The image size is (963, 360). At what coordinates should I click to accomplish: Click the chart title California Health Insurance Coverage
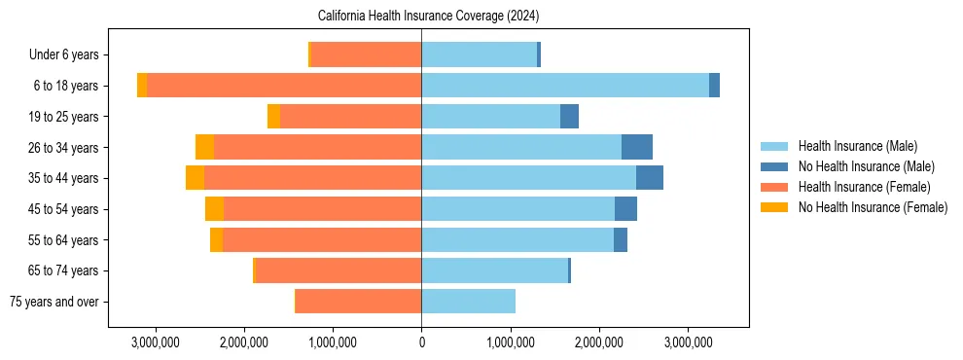428,17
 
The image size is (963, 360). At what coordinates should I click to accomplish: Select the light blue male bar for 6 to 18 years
564,86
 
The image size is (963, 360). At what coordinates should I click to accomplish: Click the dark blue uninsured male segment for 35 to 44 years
649,178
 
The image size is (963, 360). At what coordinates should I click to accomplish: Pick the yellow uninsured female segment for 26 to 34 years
204,147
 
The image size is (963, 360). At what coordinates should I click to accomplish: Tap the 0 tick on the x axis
421,342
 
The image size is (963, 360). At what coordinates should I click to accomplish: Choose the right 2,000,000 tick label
599,342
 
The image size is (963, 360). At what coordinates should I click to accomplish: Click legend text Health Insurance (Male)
857,147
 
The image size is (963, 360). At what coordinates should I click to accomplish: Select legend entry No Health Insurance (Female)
873,207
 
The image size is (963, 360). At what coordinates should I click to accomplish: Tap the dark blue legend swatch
774,167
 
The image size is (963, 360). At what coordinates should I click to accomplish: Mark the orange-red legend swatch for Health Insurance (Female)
774,187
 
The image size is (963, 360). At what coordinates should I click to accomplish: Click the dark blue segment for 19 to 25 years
569,117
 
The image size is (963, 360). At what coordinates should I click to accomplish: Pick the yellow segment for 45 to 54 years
214,209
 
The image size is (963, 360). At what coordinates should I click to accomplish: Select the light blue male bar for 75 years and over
468,302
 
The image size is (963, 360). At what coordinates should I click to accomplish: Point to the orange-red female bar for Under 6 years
366,55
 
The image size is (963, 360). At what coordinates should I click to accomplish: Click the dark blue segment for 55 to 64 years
620,239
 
